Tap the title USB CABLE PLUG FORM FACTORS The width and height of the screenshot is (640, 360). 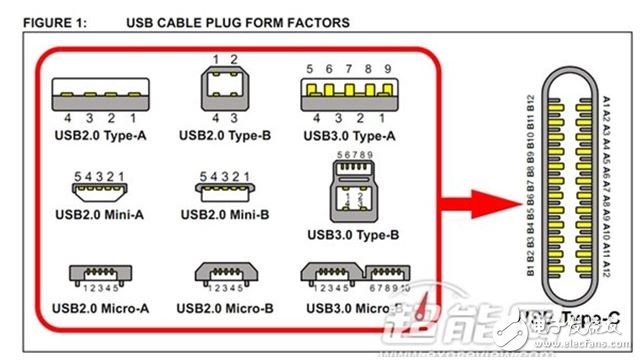point(238,21)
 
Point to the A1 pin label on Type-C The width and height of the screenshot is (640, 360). point(605,102)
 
